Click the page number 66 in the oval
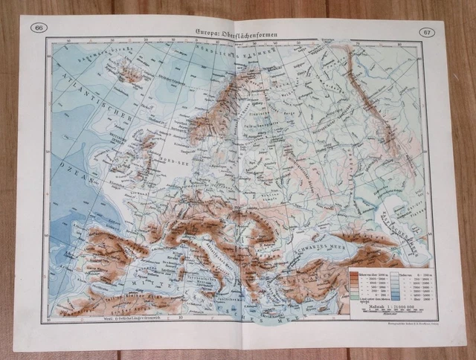tap(38, 28)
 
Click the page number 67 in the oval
tap(425, 32)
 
